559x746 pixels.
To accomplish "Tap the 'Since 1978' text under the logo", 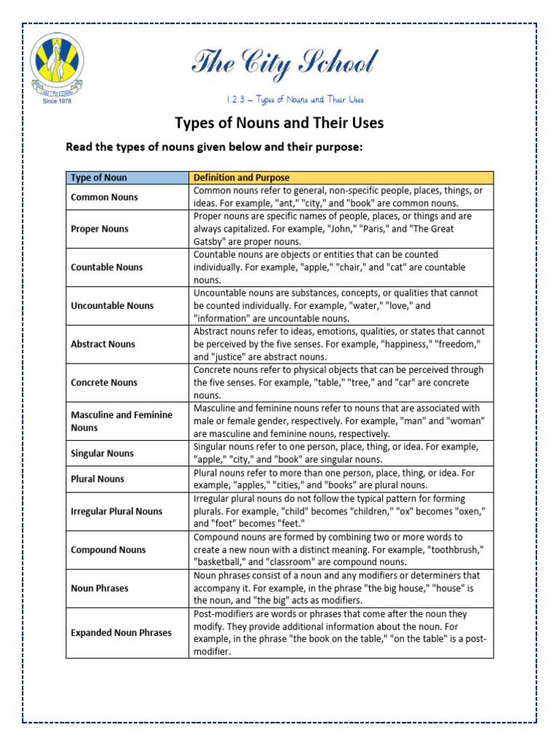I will [x=57, y=101].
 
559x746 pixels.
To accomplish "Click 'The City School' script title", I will [x=284, y=65].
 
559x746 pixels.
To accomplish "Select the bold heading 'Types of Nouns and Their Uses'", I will [x=279, y=123].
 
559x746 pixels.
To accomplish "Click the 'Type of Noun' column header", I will [x=99, y=178].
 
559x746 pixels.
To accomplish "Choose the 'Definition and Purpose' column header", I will [x=241, y=178].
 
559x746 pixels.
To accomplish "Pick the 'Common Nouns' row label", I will [x=104, y=197].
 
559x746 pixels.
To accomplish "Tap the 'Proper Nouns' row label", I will [x=100, y=229].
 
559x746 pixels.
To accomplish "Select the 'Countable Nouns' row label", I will [x=107, y=267].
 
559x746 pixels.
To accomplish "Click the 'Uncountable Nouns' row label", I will [x=112, y=306].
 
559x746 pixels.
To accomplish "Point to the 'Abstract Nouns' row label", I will [x=103, y=344].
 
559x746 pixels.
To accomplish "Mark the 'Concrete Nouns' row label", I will [x=104, y=382].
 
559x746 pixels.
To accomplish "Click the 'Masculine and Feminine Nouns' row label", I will [x=121, y=421].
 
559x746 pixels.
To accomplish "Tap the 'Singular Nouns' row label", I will [x=103, y=453].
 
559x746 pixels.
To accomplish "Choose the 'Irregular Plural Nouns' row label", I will [x=116, y=511].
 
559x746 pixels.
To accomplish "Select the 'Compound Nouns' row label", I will [x=108, y=550].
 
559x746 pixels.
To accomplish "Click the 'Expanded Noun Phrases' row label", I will [x=121, y=633].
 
